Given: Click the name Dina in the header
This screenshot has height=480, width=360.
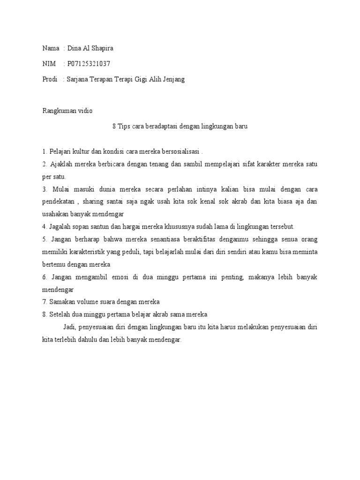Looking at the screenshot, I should coord(75,48).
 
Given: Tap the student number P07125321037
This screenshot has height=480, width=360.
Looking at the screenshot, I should coord(89,64).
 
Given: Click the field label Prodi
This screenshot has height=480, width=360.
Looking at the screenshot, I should coord(49,79).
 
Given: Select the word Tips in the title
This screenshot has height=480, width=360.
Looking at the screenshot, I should coord(124,126).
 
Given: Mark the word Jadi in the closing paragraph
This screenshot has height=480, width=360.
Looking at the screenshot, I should coord(69,327).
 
